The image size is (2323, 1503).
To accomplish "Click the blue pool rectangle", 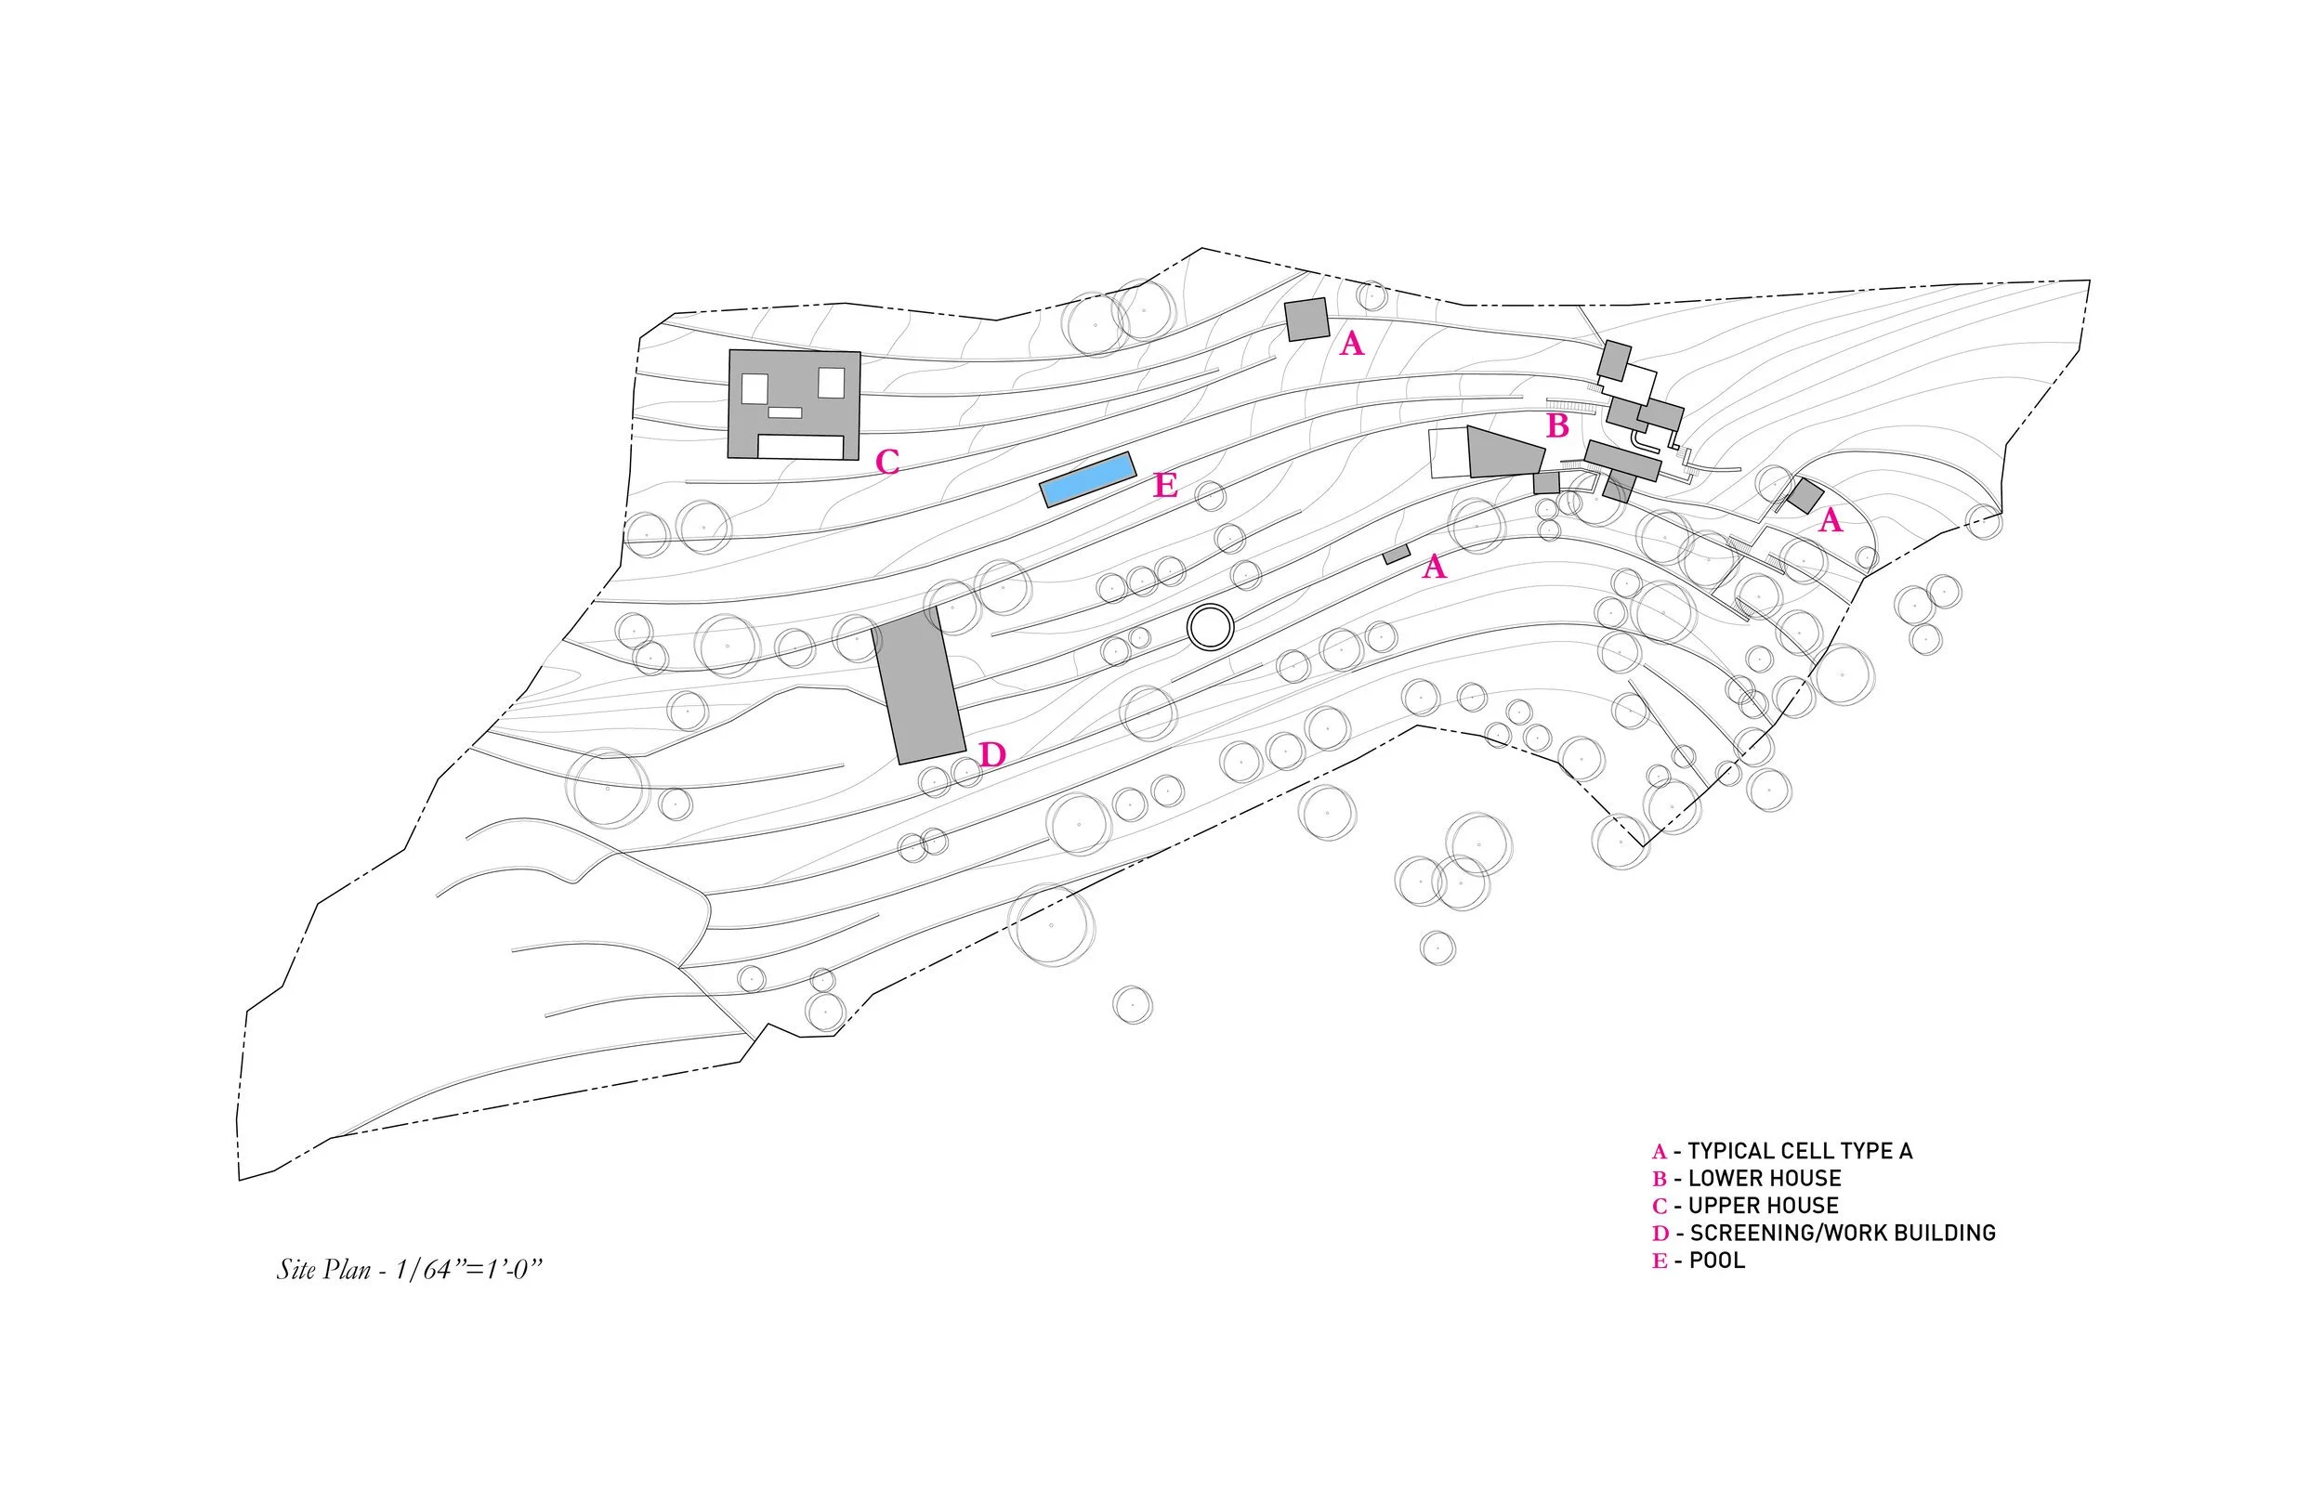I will tap(1087, 479).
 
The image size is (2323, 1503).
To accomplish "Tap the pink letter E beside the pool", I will tap(1165, 485).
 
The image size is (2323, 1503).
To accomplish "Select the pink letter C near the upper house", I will tap(887, 462).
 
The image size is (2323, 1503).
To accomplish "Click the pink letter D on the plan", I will tap(992, 754).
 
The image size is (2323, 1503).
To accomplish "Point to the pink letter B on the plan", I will tap(1557, 426).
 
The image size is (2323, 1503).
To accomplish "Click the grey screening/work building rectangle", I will tap(918, 686).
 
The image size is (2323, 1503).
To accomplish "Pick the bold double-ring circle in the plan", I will tap(1212, 628).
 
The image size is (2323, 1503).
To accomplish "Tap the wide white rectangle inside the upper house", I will tap(800, 447).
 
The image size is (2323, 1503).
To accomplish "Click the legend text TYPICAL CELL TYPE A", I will tap(1800, 1151).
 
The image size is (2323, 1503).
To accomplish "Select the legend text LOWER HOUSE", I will tap(1765, 1178).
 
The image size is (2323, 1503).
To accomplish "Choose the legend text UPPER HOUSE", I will tap(1763, 1206).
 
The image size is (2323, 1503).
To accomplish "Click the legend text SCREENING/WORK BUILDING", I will tap(1842, 1233).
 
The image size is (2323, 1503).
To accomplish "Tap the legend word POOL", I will tap(1717, 1260).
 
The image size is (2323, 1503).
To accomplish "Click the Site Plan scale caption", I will tap(409, 1270).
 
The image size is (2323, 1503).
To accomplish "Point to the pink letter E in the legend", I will tap(1660, 1261).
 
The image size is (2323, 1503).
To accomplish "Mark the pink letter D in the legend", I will tap(1660, 1235).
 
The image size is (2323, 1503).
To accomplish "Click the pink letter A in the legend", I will tap(1660, 1153).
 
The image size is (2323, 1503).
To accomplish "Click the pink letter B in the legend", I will tap(1660, 1180).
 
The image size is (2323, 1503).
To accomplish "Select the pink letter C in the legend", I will tap(1660, 1208).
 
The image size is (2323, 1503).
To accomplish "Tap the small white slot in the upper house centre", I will tap(785, 412).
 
